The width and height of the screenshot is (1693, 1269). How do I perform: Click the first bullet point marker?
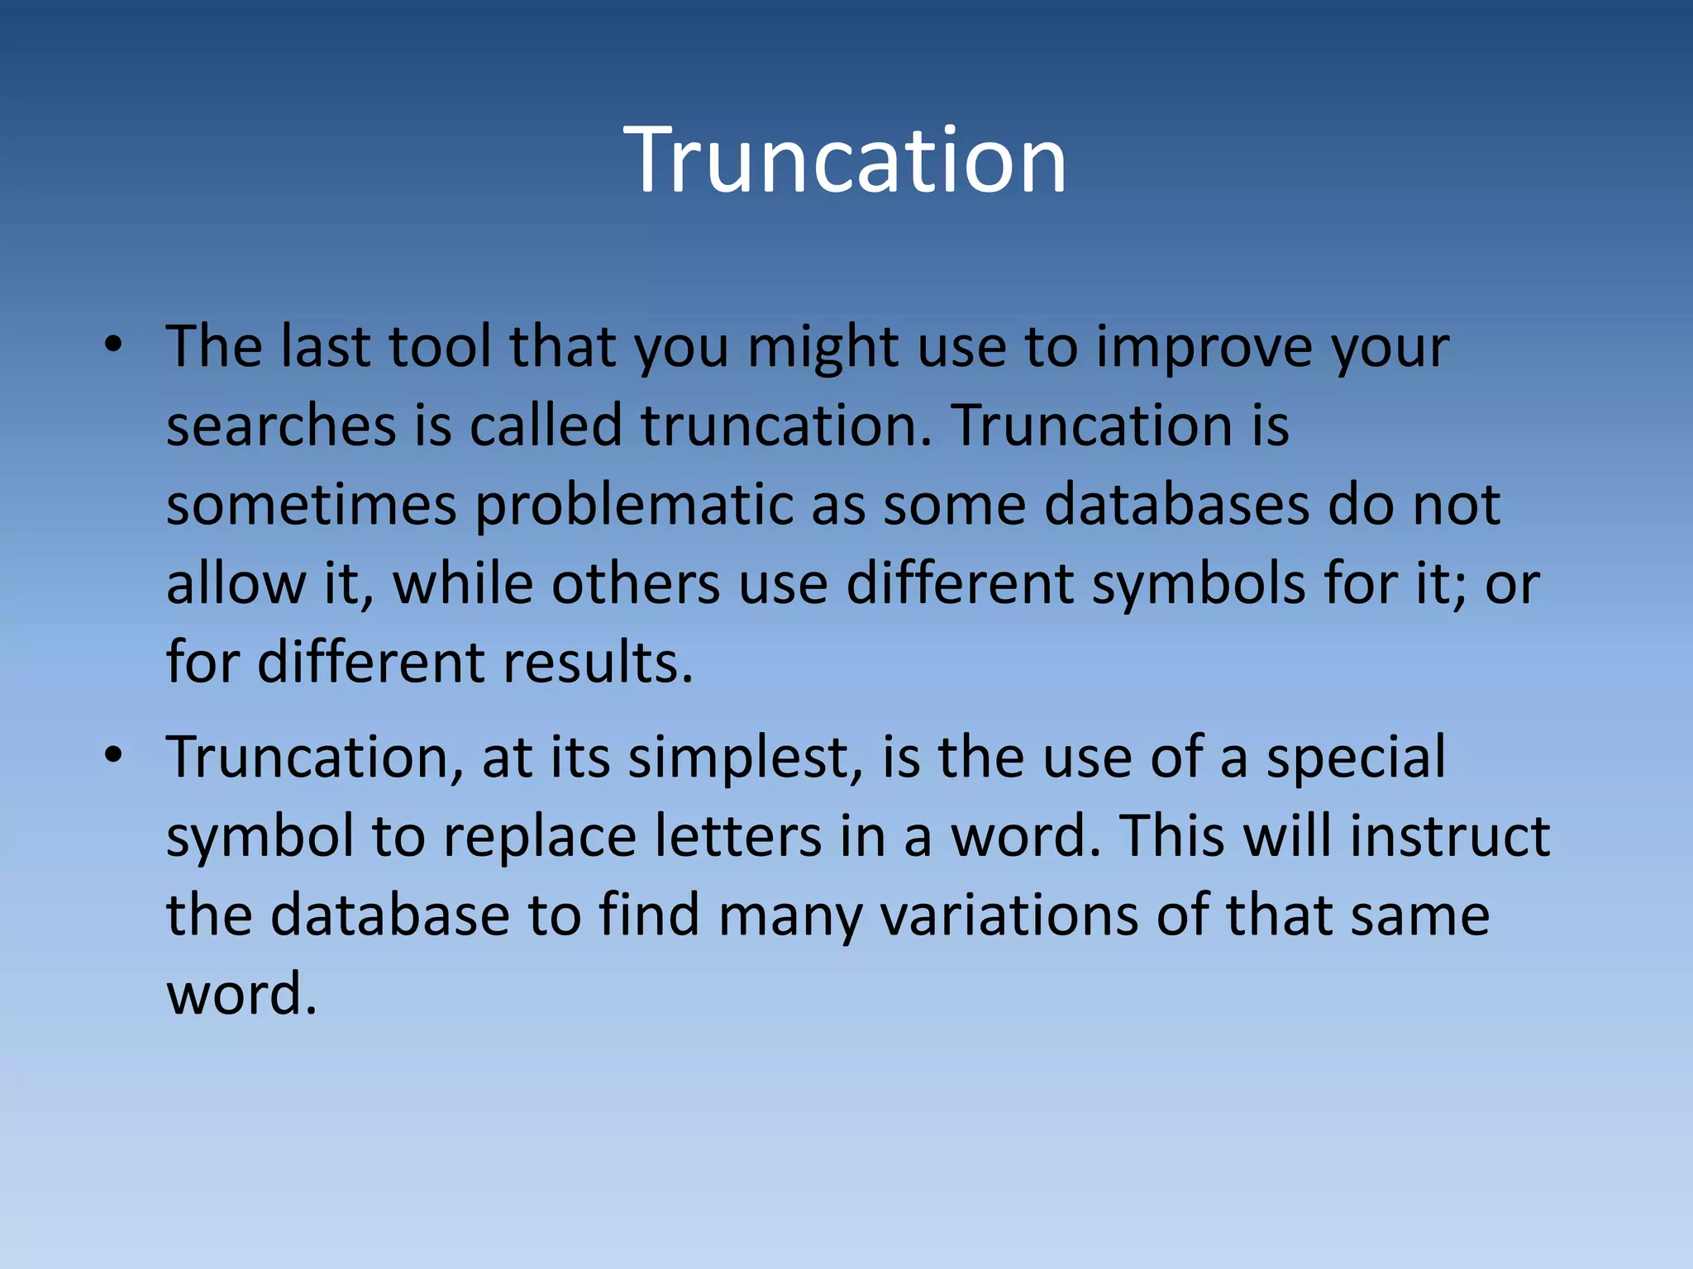click(x=114, y=345)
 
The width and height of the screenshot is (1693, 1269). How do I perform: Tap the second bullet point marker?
click(x=114, y=755)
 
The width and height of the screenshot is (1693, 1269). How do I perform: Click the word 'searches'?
click(x=281, y=425)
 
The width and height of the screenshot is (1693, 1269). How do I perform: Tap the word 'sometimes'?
click(x=311, y=504)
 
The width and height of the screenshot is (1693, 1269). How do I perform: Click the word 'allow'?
click(x=235, y=583)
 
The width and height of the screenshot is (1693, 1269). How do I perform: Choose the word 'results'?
click(x=596, y=663)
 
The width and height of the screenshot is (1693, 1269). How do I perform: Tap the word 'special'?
click(x=1356, y=758)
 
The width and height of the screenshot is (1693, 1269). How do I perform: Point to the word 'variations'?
click(x=1008, y=915)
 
